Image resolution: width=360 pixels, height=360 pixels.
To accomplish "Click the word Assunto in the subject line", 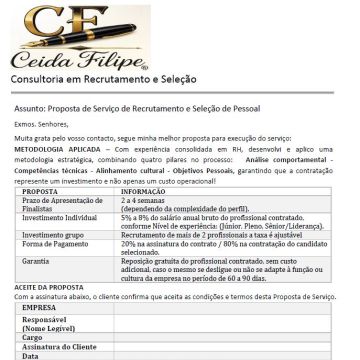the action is (x=30, y=107).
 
